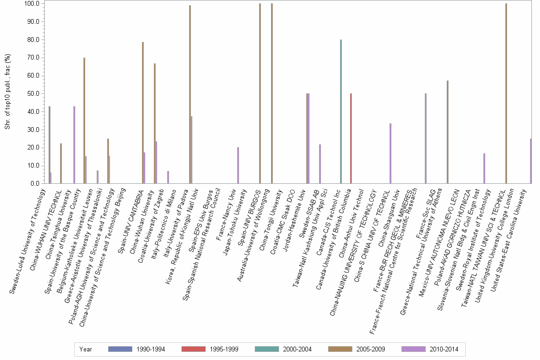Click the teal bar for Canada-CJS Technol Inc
pos(341,111)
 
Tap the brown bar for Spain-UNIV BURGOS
pos(260,93)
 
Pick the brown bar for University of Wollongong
pos(271,93)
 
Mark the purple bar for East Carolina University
pos(530,161)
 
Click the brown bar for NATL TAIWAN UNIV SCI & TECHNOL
pos(506,93)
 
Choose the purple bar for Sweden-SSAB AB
pos(320,164)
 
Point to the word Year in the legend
pos(86,349)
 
